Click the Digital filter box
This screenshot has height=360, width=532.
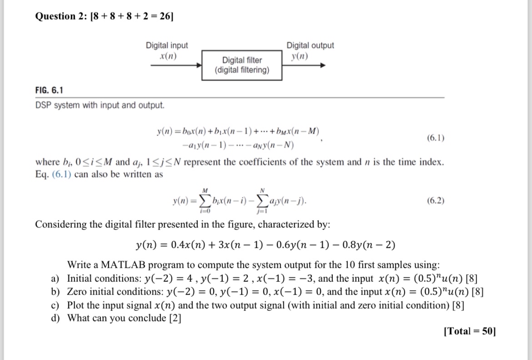click(241, 65)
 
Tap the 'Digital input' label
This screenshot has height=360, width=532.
click(166, 45)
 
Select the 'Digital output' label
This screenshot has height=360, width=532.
click(310, 45)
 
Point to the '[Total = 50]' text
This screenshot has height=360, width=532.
click(469, 331)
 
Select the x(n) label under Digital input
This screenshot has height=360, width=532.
click(167, 56)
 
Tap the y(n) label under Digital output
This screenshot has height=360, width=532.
click(299, 56)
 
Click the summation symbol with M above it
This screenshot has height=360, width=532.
click(206, 200)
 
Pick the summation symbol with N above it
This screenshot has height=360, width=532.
click(262, 200)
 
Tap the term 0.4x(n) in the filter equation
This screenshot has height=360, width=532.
click(185, 246)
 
